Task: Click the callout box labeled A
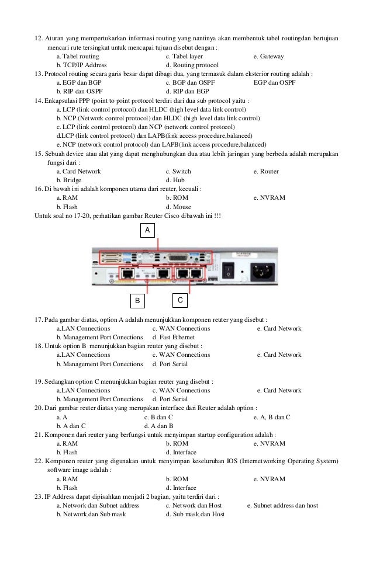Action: [x=147, y=231]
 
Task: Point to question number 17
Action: [x=39, y=320]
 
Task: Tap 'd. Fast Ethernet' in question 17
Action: [x=174, y=338]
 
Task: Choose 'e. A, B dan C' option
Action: [x=272, y=417]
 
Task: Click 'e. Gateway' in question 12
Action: [x=268, y=57]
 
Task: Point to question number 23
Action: [x=39, y=496]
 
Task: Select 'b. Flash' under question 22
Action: [x=67, y=488]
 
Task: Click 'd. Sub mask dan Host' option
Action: [x=195, y=514]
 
